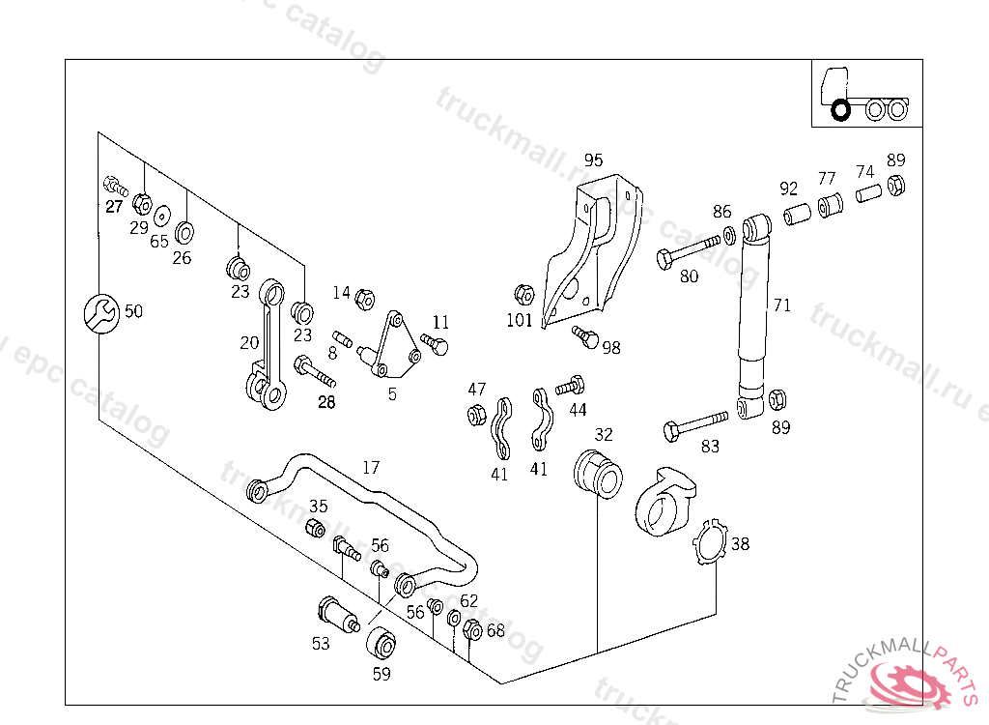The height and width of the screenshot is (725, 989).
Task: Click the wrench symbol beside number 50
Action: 99,311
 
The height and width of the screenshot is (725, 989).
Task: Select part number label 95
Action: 593,160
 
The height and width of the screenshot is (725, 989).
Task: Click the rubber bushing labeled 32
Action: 595,473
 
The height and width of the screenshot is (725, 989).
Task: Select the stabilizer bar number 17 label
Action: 371,468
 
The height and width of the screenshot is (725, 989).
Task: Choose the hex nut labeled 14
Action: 364,299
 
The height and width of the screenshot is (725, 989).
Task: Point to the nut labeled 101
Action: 523,294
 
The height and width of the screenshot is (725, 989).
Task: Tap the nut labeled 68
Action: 472,628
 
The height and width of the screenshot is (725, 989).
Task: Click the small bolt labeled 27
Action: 113,185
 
